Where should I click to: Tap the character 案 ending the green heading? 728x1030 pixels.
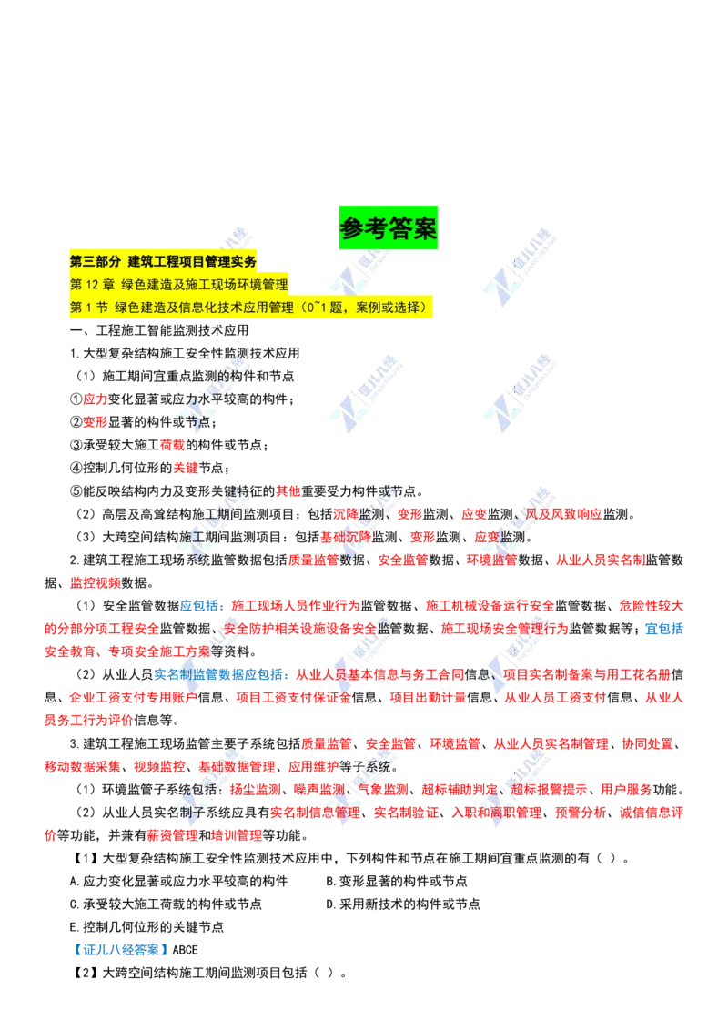coord(426,228)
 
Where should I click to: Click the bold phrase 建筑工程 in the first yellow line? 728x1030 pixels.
coord(158,261)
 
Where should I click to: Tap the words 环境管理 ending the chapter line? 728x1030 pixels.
coord(263,285)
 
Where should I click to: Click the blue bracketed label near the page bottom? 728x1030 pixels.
coord(120,951)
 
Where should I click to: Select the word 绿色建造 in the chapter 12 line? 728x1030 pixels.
coord(145,285)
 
